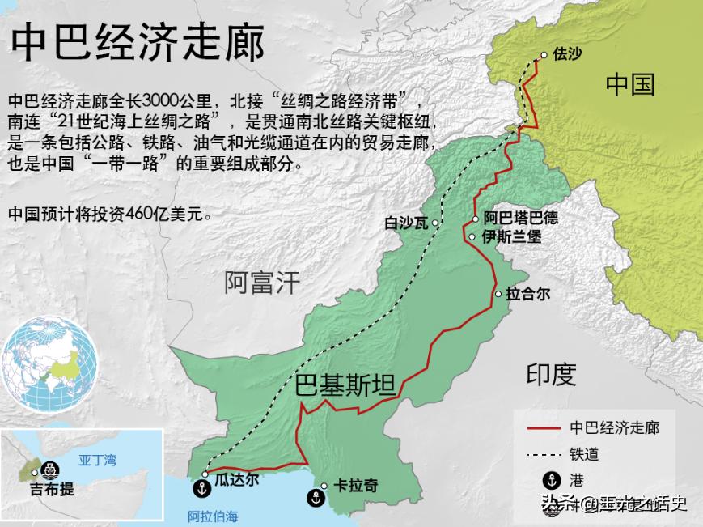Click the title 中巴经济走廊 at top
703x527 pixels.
(138, 41)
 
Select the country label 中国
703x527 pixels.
(630, 85)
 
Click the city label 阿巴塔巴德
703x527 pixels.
(520, 219)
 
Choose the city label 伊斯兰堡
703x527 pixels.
(511, 237)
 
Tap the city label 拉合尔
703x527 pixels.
(527, 294)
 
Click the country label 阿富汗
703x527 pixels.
(262, 283)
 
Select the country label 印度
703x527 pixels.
(551, 375)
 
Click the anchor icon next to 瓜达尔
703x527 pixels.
(200, 488)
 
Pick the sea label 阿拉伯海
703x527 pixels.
(214, 516)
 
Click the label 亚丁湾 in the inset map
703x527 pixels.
(97, 461)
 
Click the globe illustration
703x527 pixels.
(50, 365)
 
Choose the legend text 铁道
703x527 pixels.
(584, 454)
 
